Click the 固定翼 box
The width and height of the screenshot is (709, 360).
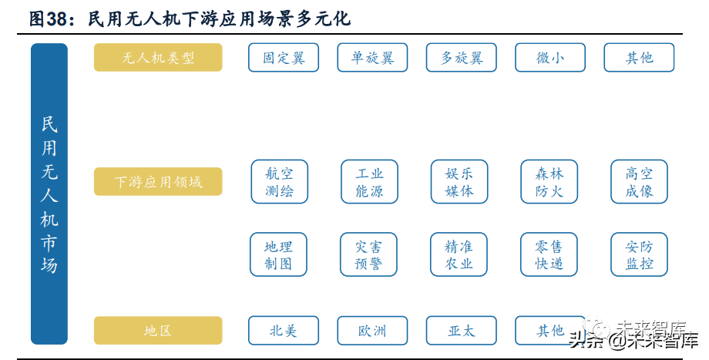click(284, 58)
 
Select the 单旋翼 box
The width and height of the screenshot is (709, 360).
click(372, 58)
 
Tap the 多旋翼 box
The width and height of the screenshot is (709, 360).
click(461, 58)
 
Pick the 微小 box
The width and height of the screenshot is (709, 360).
click(550, 58)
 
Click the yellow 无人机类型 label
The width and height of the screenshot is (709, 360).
click(158, 58)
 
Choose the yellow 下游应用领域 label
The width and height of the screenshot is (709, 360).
click(158, 181)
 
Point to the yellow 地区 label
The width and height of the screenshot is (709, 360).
click(158, 330)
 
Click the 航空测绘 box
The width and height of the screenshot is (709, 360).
click(280, 181)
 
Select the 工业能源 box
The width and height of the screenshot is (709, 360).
click(369, 181)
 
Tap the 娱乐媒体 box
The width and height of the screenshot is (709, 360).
click(459, 181)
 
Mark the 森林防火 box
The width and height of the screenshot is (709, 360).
click(549, 181)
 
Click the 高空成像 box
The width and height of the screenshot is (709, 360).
click(640, 181)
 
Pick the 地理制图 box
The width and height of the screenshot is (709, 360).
click(278, 254)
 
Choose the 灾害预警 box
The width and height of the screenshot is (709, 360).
click(368, 254)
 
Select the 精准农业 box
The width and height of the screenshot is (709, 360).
click(459, 254)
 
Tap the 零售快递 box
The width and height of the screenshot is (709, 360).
click(549, 254)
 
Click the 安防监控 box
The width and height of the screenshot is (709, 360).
click(640, 254)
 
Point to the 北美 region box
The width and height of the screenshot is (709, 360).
click(284, 331)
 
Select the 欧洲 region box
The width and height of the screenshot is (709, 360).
click(372, 331)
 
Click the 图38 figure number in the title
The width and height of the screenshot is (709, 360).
click(48, 19)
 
